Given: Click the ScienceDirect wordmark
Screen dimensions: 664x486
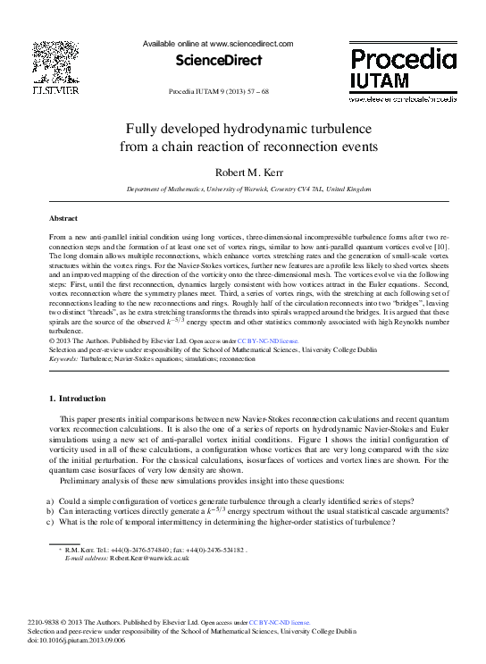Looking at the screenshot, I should [219, 60].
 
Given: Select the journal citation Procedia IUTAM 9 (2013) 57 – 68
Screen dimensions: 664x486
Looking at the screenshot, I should [219, 92].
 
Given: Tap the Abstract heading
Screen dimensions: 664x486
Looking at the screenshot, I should [63, 218].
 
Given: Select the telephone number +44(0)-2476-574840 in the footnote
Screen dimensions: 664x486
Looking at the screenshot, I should [134, 550].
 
